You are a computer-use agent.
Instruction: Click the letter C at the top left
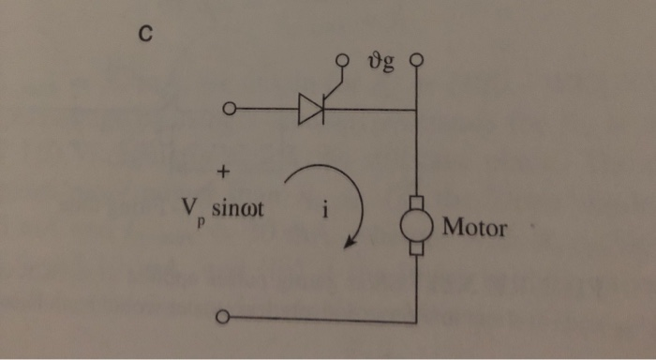[x=144, y=36]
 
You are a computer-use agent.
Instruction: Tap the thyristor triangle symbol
[x=310, y=110]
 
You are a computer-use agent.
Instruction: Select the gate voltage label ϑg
[x=381, y=65]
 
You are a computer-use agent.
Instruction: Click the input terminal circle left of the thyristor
[x=227, y=111]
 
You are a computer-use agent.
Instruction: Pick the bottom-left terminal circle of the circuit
[x=221, y=319]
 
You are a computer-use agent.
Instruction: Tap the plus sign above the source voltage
[x=223, y=173]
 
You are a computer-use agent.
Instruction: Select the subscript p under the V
[x=201, y=225]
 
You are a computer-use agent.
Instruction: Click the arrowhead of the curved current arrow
[x=350, y=245]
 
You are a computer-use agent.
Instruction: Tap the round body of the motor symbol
[x=416, y=226]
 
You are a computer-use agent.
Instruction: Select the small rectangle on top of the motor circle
[x=416, y=202]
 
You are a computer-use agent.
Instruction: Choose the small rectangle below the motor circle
[x=416, y=249]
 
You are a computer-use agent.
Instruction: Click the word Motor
[x=474, y=227]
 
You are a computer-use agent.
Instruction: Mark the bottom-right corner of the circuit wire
[x=416, y=320]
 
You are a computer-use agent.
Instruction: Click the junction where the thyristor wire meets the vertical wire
[x=416, y=111]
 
